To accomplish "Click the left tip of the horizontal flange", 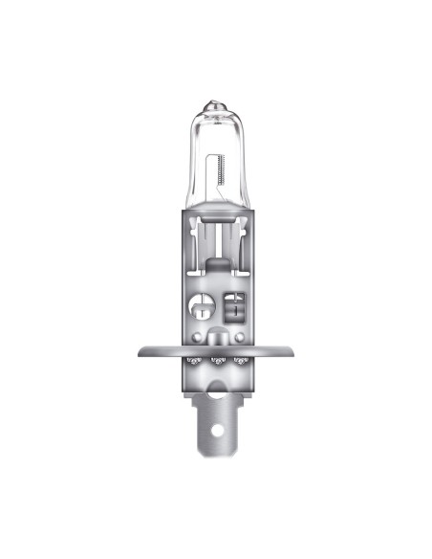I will (140, 350).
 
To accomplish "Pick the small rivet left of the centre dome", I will (197, 340).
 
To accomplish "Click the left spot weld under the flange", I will (194, 361).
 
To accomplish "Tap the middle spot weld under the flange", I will (216, 361).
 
